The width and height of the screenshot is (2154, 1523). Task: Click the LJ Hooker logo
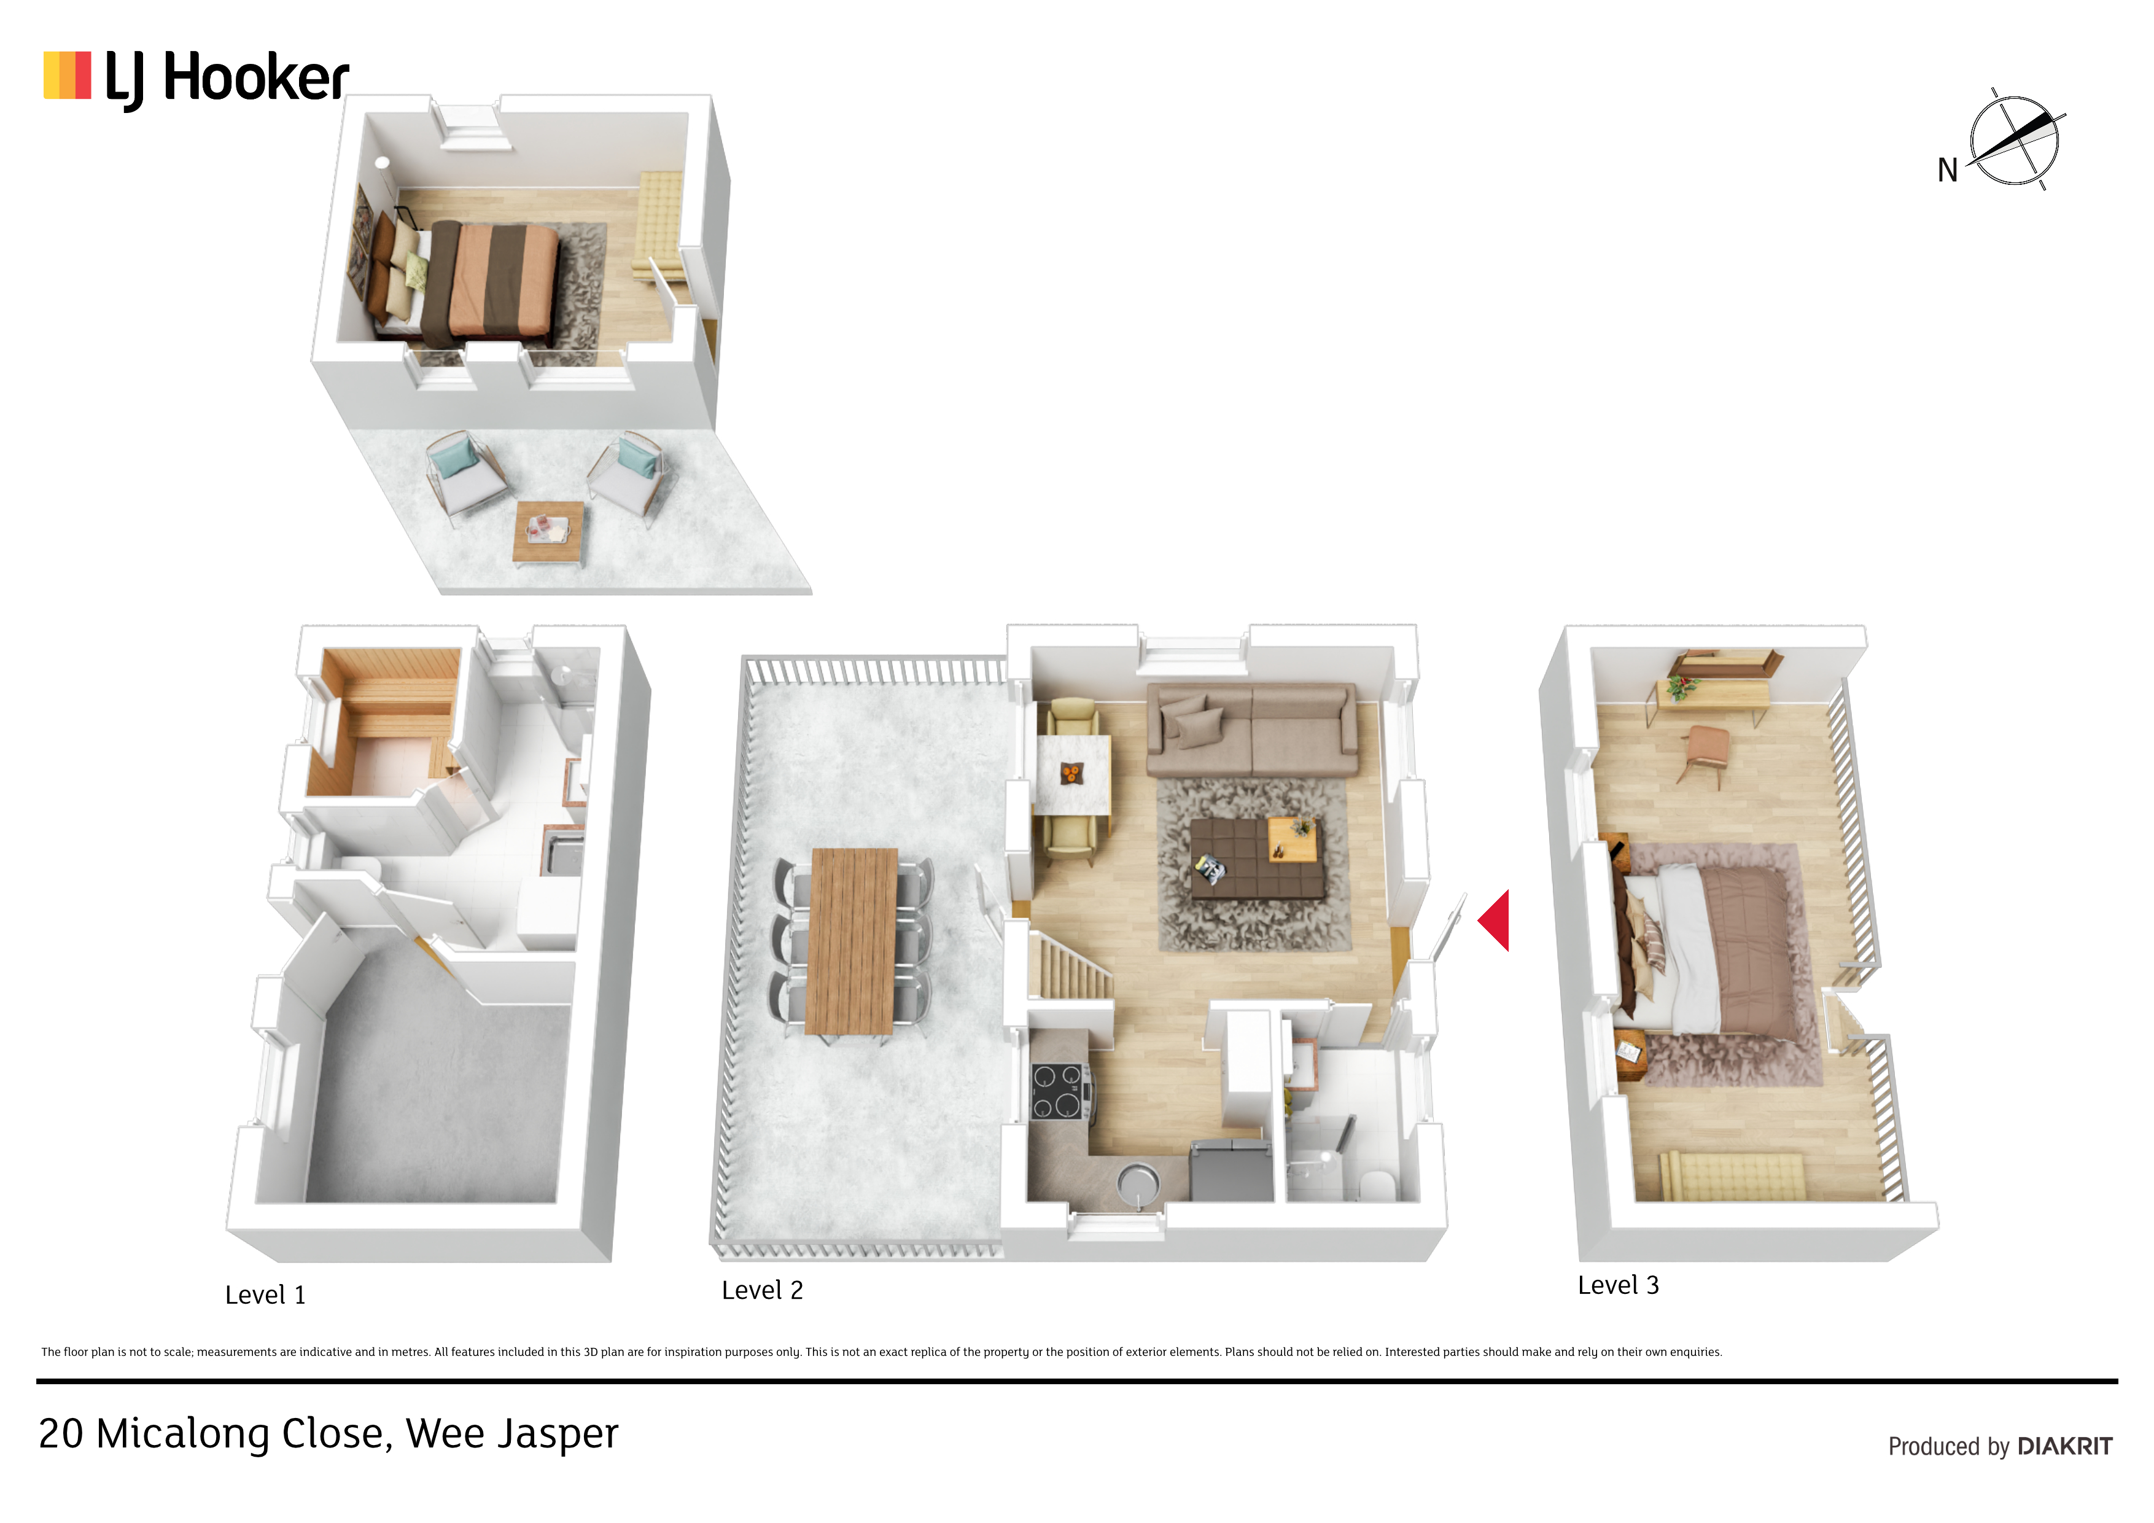pos(196,79)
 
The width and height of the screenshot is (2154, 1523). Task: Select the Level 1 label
pos(265,1295)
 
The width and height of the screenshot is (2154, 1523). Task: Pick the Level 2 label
pos(762,1290)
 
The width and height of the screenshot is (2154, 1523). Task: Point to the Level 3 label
pos(1619,1285)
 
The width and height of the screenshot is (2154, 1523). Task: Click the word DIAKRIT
pos(2065,1446)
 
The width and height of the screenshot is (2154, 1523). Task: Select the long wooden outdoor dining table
pos(852,941)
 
